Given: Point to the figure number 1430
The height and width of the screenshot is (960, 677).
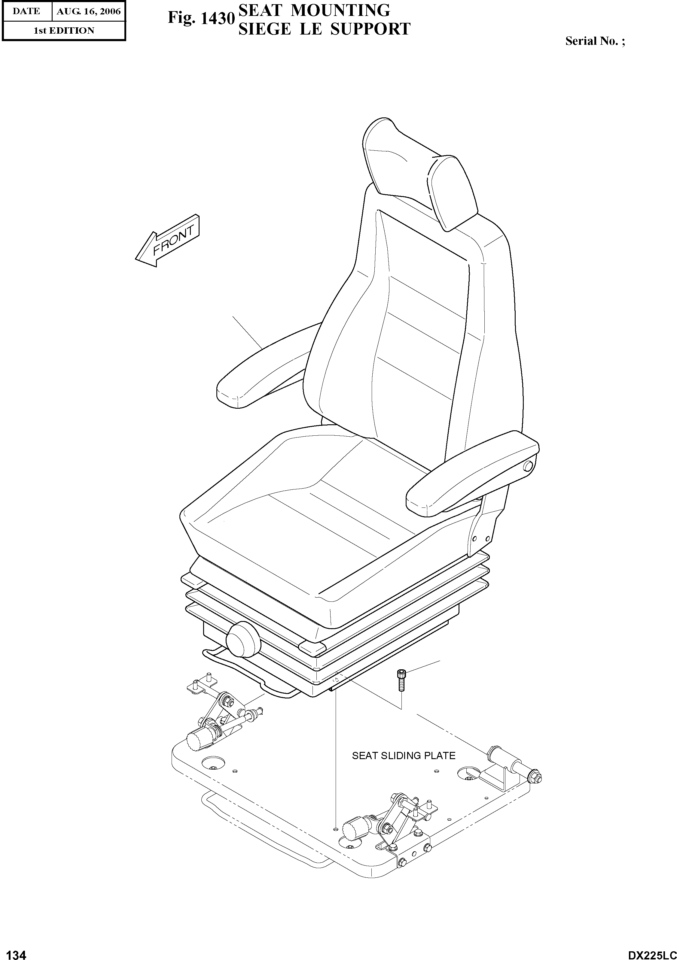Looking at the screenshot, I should (200, 18).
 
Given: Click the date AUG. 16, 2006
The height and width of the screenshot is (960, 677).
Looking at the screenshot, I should (88, 12).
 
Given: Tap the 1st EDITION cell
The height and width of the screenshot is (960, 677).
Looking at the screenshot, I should (64, 31).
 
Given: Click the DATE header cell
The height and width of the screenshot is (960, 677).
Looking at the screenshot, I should (26, 12).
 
